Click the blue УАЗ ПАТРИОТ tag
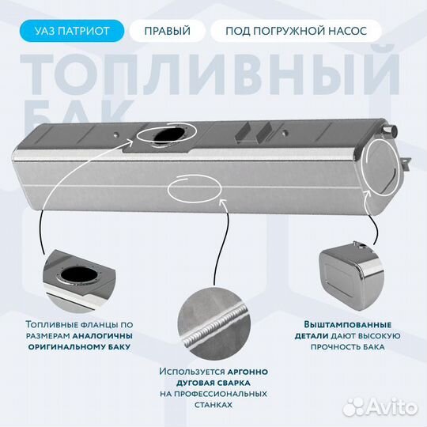point(72,31)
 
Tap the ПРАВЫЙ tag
point(167,31)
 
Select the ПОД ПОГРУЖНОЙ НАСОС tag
point(296,31)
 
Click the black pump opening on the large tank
point(169,135)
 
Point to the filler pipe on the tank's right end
point(390,130)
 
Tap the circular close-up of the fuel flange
point(79,281)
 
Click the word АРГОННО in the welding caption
point(248,372)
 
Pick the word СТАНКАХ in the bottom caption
point(213,405)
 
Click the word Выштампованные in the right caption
point(348,325)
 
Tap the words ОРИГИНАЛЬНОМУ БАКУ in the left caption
point(80,347)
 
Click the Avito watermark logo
point(380,407)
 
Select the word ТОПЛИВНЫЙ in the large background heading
point(210,74)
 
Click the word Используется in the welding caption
point(192,372)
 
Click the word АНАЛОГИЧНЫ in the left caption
point(102,336)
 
